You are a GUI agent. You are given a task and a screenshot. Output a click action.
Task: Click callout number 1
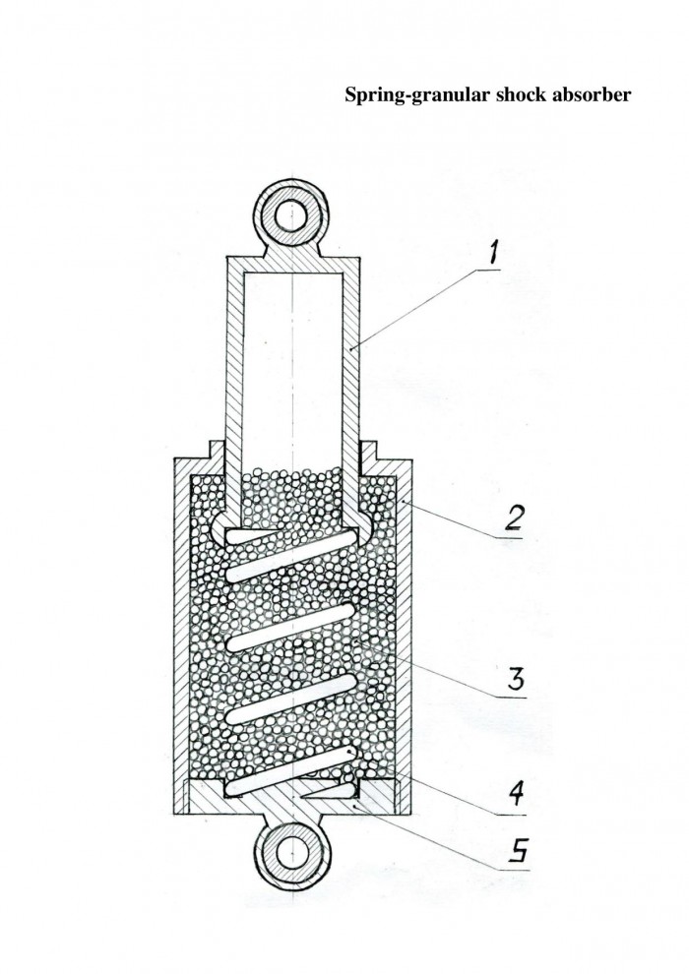[494, 253]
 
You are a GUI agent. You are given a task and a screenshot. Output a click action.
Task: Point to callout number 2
[513, 517]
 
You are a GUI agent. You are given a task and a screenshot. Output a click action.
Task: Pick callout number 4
[517, 793]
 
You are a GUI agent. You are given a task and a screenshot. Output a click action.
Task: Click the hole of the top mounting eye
[290, 216]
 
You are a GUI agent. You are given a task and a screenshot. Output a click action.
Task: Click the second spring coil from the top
[291, 627]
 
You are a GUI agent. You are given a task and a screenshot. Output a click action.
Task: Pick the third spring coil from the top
[291, 698]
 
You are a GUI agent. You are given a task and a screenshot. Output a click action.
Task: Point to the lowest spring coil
[291, 770]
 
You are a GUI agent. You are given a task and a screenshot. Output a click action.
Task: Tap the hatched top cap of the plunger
[292, 263]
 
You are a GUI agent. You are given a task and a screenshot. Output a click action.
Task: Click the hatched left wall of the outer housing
[181, 634]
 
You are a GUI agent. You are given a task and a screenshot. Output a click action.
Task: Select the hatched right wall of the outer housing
[403, 634]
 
